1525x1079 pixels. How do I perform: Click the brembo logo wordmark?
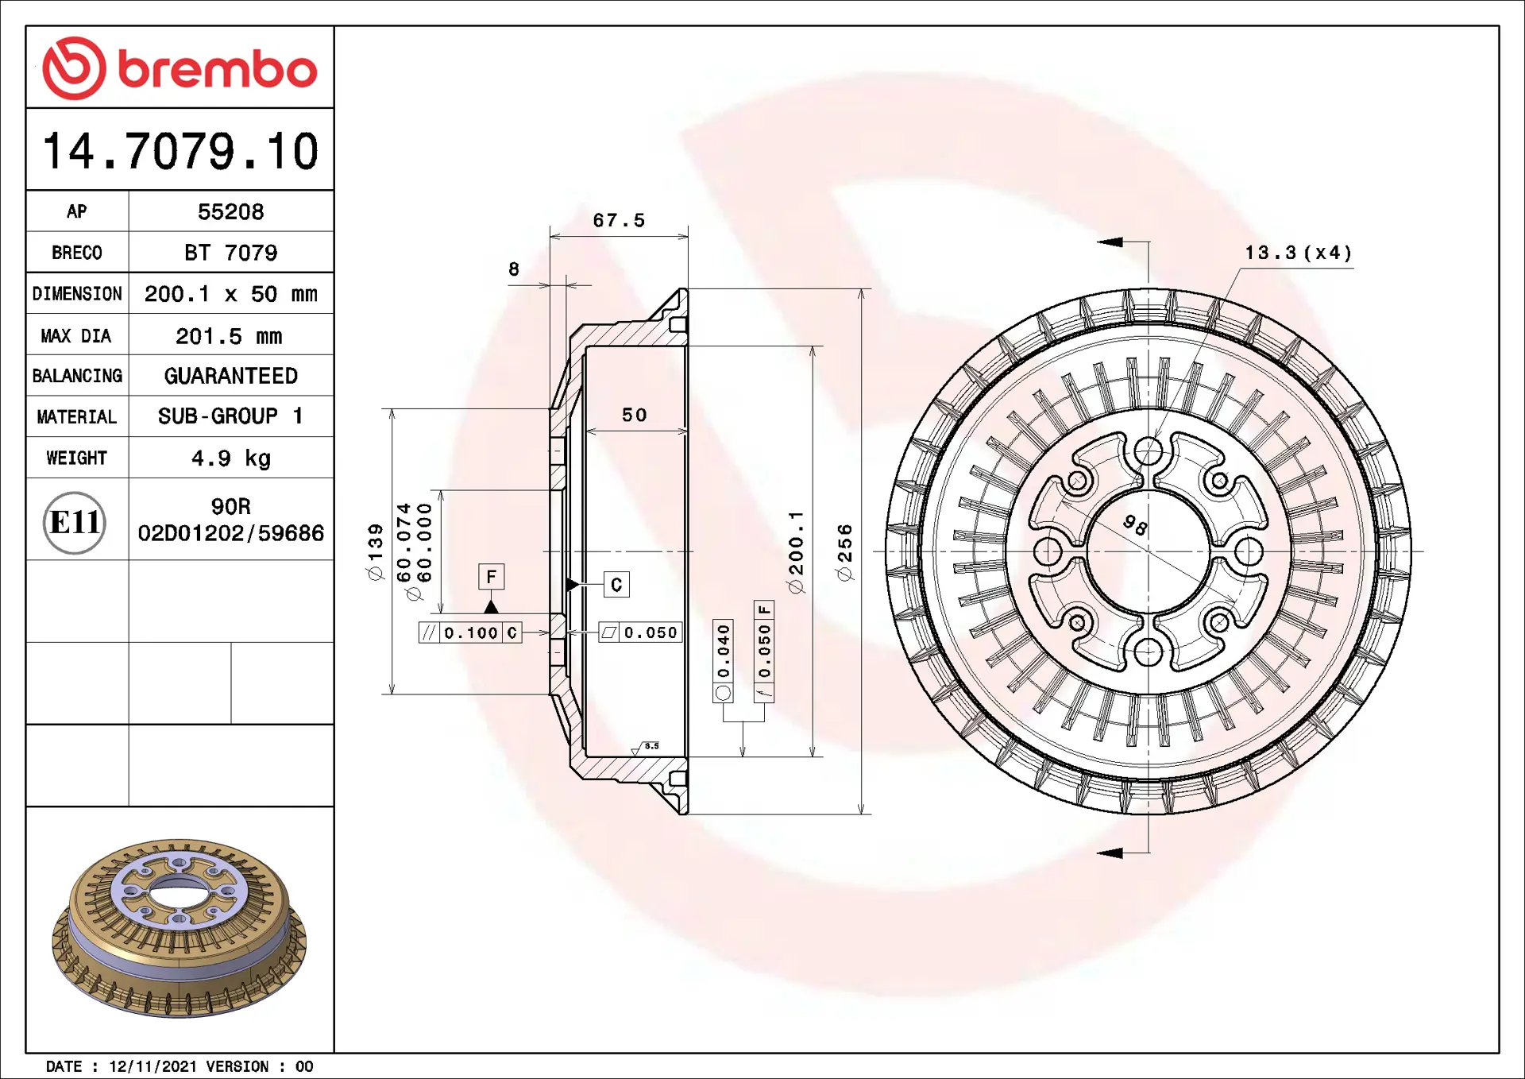(218, 69)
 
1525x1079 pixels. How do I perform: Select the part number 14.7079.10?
(180, 151)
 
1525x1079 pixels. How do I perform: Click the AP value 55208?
(230, 211)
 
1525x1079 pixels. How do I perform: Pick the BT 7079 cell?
(230, 253)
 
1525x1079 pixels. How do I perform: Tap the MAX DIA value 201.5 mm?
(229, 336)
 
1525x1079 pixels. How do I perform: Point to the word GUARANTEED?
(230, 376)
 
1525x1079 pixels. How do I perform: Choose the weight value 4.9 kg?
(230, 458)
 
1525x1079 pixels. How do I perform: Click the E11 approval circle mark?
(75, 522)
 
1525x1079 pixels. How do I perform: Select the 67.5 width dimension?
(619, 220)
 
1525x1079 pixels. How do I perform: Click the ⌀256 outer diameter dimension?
(844, 552)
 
